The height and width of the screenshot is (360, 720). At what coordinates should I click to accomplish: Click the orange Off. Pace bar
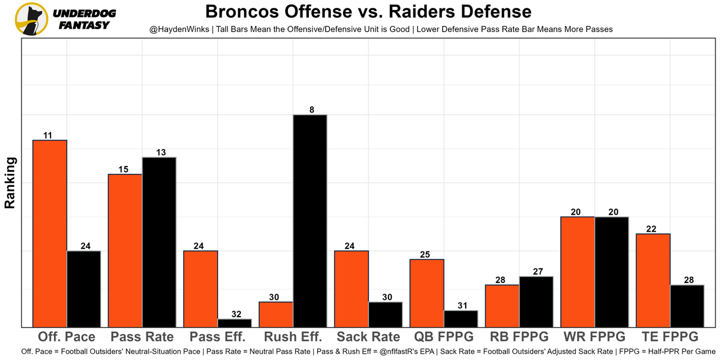[x=50, y=233]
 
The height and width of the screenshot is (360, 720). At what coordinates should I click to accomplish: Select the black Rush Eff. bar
[x=310, y=220]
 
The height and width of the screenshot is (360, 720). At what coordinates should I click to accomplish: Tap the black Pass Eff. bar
[x=235, y=323]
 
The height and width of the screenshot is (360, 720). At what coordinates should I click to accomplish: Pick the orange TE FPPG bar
[x=653, y=280]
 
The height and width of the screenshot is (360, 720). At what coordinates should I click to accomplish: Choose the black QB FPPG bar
[x=461, y=318]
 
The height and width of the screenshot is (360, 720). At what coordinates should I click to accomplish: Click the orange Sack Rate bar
[x=352, y=289]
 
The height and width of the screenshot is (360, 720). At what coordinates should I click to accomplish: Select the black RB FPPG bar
[x=536, y=301]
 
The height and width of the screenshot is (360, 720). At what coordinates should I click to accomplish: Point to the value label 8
[x=311, y=110]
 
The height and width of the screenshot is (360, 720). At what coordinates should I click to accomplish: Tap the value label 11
[x=48, y=135]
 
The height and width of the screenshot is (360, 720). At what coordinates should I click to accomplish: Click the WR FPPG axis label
[x=595, y=337]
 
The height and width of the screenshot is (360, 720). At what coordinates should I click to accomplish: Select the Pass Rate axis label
[x=142, y=337]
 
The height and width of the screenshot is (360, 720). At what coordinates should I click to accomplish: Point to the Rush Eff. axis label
[x=293, y=337]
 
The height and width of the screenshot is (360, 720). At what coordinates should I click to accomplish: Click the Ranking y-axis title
[x=10, y=183]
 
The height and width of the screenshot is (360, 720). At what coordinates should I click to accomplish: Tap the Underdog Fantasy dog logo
[x=31, y=19]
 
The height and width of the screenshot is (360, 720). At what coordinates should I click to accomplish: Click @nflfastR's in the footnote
[x=407, y=352]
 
